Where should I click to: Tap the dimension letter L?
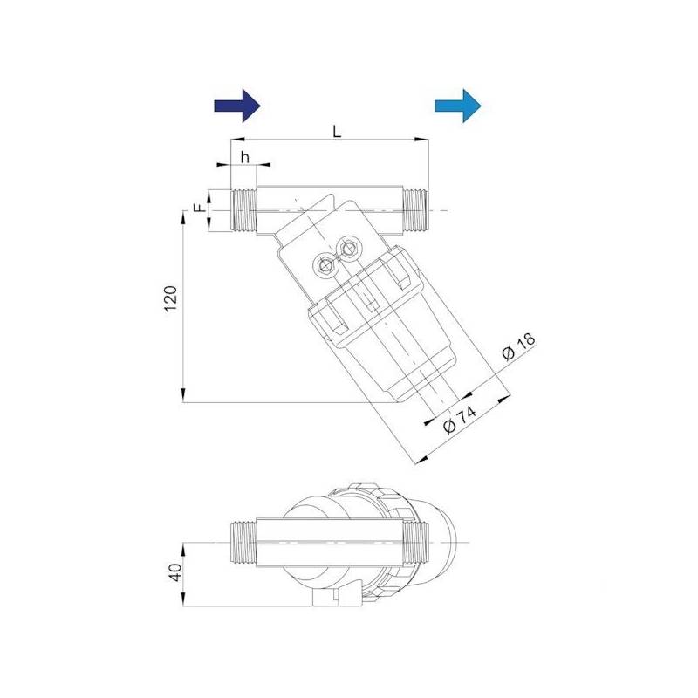337,130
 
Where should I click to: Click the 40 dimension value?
174,572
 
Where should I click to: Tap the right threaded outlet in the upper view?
416,210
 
